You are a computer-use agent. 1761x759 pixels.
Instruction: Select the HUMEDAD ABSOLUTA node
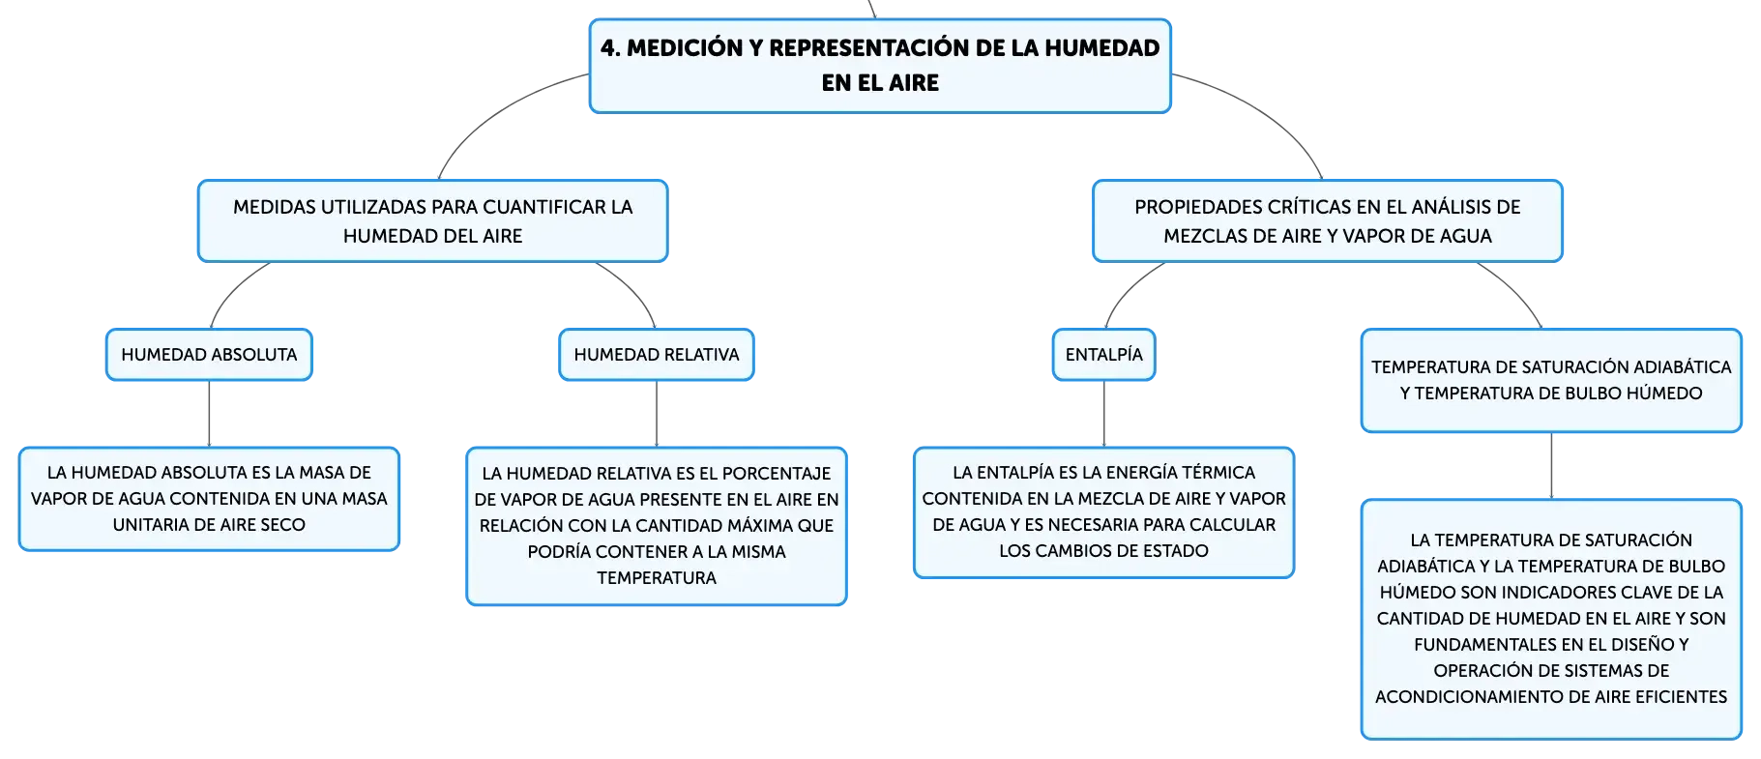[209, 355]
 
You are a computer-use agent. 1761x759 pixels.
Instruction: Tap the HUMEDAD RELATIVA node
[657, 355]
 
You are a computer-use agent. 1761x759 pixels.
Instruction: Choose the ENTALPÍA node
[1104, 355]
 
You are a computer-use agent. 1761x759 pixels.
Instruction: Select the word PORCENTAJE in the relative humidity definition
[777, 474]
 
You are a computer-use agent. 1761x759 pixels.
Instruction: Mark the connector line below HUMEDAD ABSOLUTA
[209, 414]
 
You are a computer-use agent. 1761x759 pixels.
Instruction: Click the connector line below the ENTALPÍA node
[1104, 414]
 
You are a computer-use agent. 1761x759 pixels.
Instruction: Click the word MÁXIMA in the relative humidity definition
[761, 526]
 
